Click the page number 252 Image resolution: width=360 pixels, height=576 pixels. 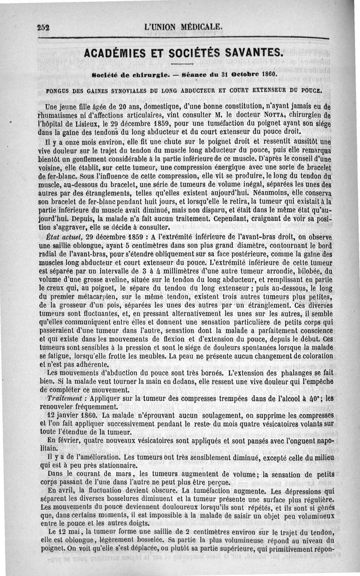coord(43,27)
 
